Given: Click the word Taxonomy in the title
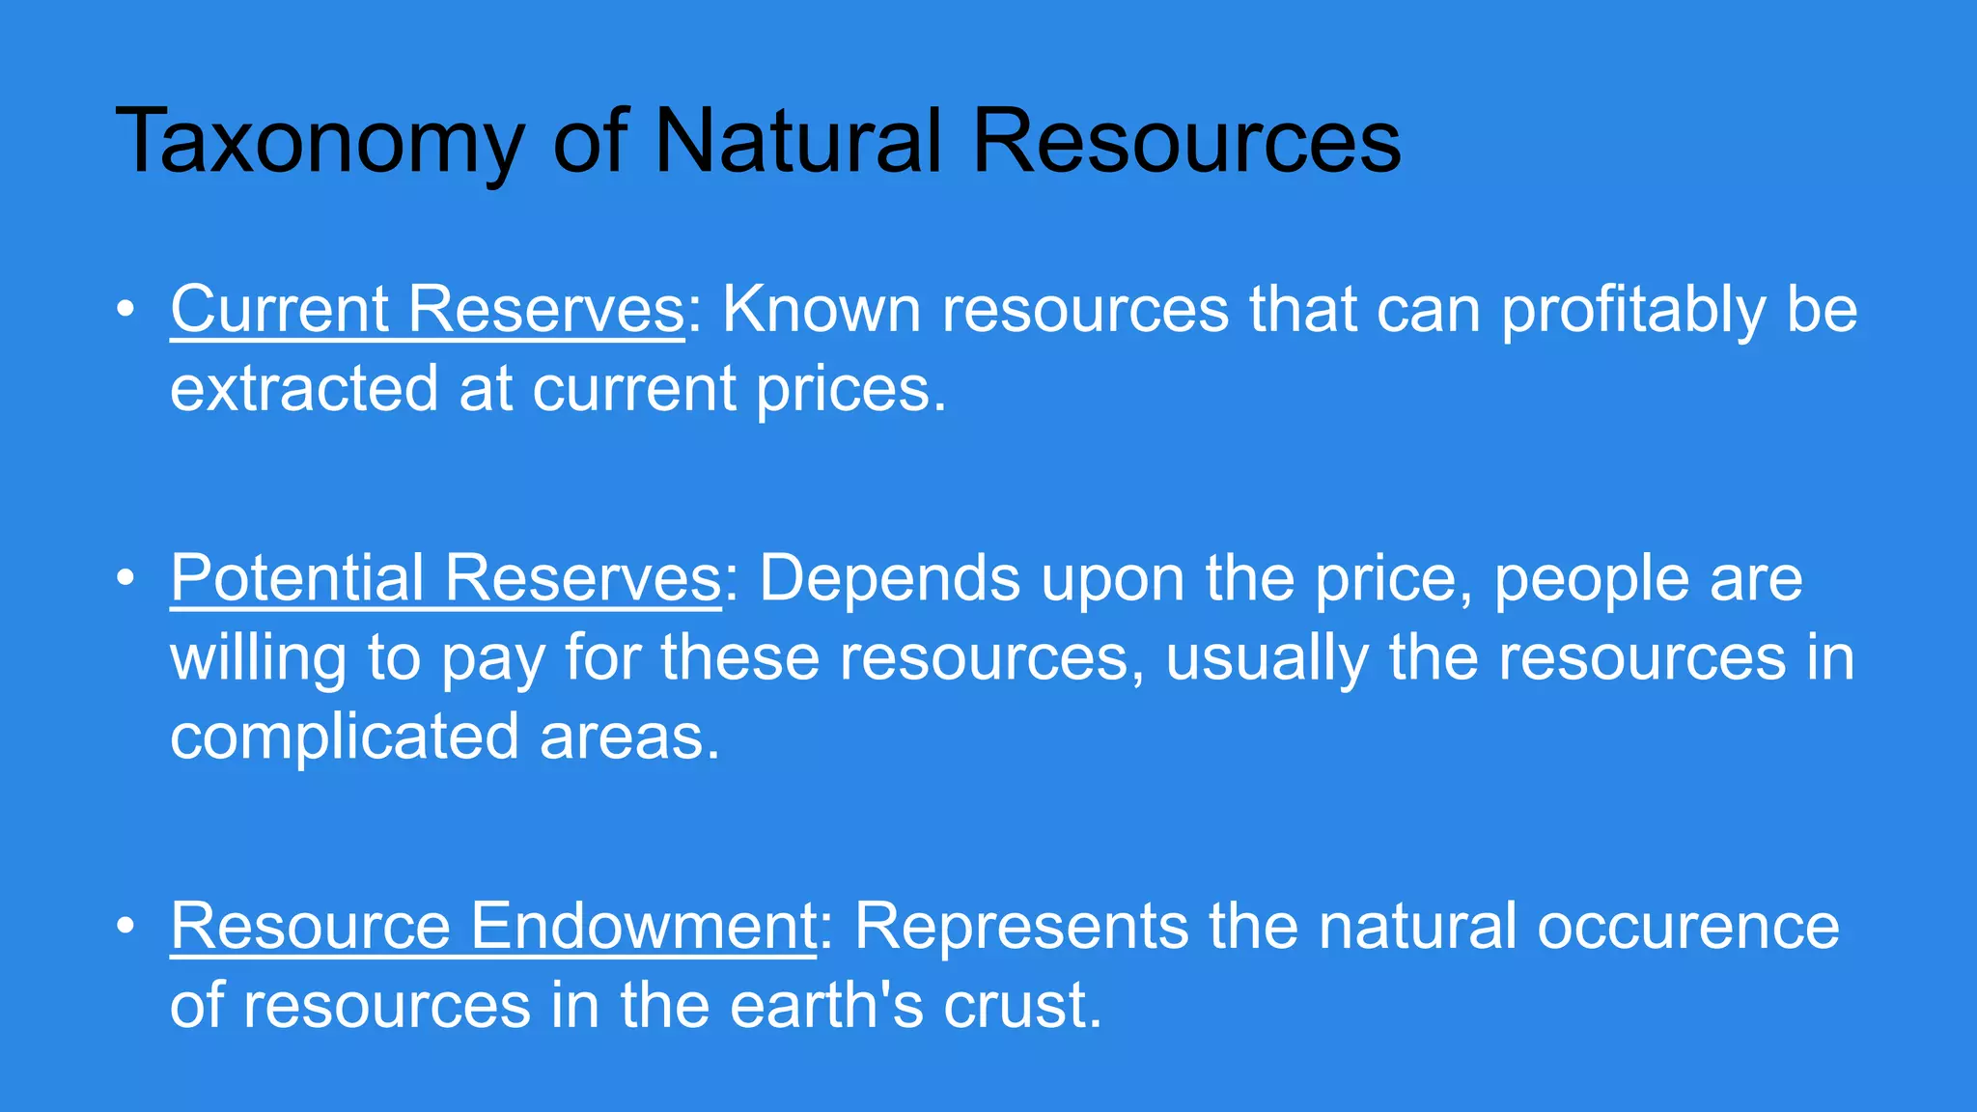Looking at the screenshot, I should (320, 143).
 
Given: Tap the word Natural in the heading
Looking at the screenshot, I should (797, 141).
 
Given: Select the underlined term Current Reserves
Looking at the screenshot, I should (428, 309).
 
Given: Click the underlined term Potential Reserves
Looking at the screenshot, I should (446, 578).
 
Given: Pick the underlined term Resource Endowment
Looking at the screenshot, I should (493, 926).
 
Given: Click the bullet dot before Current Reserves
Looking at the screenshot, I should (125, 310).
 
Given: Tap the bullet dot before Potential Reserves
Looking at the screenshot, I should (125, 579).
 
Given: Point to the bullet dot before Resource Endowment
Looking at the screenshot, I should (125, 927).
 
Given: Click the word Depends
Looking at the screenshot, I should (889, 580).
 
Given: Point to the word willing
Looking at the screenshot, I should (258, 659).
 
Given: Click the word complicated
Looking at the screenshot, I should (345, 737).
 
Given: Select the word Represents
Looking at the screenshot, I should (1020, 928).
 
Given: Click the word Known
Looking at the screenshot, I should (821, 309).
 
